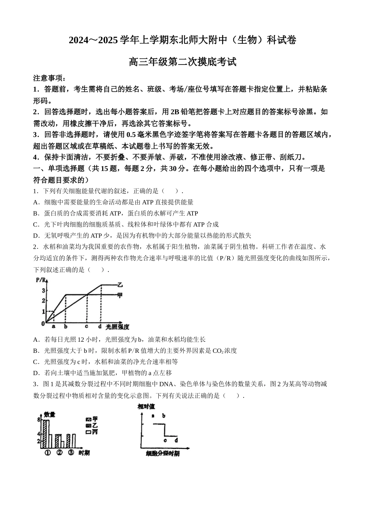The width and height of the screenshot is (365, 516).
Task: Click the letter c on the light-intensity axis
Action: point(86,326)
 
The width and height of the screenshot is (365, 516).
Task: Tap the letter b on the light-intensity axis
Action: point(66,326)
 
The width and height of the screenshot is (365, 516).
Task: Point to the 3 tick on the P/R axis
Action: point(43,290)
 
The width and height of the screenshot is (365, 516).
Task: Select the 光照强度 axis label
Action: point(117,327)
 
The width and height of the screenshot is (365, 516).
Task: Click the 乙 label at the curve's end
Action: point(120,285)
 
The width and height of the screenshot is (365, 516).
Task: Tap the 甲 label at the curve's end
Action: point(120,295)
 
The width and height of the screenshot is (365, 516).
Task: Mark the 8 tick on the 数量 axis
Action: point(38,420)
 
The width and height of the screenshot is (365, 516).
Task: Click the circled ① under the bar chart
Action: point(48,452)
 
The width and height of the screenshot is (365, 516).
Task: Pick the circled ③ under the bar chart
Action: point(71,452)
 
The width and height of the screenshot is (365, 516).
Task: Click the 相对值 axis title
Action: point(146,407)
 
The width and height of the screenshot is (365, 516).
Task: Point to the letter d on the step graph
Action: point(176,440)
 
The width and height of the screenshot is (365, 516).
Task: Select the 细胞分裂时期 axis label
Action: point(163,454)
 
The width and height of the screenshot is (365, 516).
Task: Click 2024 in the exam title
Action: point(79,40)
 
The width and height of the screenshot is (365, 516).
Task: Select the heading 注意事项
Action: point(50,78)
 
